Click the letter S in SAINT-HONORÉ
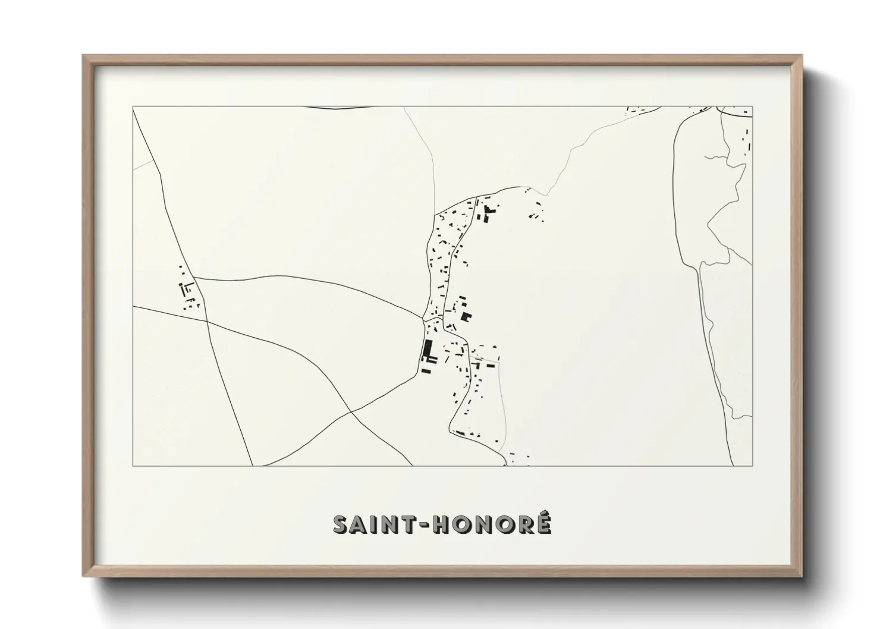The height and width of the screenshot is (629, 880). point(341,525)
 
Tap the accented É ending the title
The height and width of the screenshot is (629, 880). point(543,524)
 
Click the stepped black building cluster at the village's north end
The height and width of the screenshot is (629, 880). point(489,213)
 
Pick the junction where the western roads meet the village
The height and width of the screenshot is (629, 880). point(424,320)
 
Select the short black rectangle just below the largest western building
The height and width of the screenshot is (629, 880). point(425,371)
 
